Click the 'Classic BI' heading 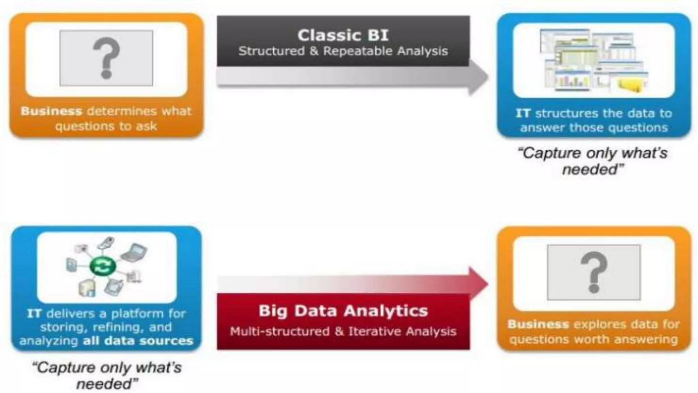[343, 35]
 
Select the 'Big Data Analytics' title [343, 311]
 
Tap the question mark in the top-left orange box [106, 58]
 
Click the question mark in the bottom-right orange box [594, 272]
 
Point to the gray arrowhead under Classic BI [478, 77]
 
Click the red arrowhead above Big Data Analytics [478, 283]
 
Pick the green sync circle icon [103, 266]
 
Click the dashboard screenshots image [594, 61]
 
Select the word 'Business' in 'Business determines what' [51, 111]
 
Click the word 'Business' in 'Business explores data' [538, 324]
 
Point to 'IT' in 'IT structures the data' [522, 113]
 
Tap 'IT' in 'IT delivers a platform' [34, 314]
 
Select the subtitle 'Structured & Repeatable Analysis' [343, 51]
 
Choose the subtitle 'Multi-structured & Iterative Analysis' [343, 331]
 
